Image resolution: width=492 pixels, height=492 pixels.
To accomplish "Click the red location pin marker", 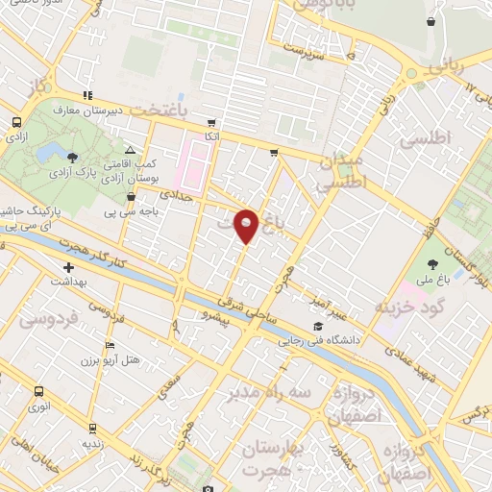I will point(247,225).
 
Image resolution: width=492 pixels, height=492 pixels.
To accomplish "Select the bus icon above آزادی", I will point(16,123).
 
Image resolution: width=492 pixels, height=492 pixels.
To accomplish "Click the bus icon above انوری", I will point(37,391).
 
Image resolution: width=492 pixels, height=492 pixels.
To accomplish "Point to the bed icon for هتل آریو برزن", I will point(110,345).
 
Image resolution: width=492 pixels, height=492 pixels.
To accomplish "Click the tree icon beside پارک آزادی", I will point(72,155).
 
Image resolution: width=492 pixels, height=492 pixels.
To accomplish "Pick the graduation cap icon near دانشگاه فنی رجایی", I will point(318,327).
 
